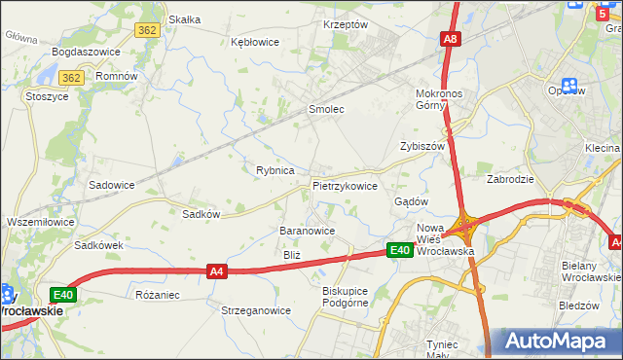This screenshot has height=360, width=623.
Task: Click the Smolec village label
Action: pos(326,110)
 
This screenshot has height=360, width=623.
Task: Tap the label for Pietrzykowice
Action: pos(345,185)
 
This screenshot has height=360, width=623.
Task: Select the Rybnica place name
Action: pos(275,170)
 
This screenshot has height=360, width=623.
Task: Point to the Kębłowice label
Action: pos(255,42)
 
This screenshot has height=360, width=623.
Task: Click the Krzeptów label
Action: pos(346,24)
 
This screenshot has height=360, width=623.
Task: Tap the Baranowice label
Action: pos(308,231)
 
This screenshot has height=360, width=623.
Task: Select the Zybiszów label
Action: pos(422,146)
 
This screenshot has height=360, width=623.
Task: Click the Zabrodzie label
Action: pos(512,179)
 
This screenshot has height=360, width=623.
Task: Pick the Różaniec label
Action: pos(158,293)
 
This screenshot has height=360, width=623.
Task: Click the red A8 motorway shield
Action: pos(450,39)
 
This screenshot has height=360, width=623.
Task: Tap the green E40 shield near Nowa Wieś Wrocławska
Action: pos(400,250)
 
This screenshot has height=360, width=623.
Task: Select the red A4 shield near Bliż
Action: pos(217,274)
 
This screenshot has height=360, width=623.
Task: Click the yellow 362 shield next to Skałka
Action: pos(148,30)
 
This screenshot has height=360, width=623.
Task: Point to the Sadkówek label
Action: pos(99,245)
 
